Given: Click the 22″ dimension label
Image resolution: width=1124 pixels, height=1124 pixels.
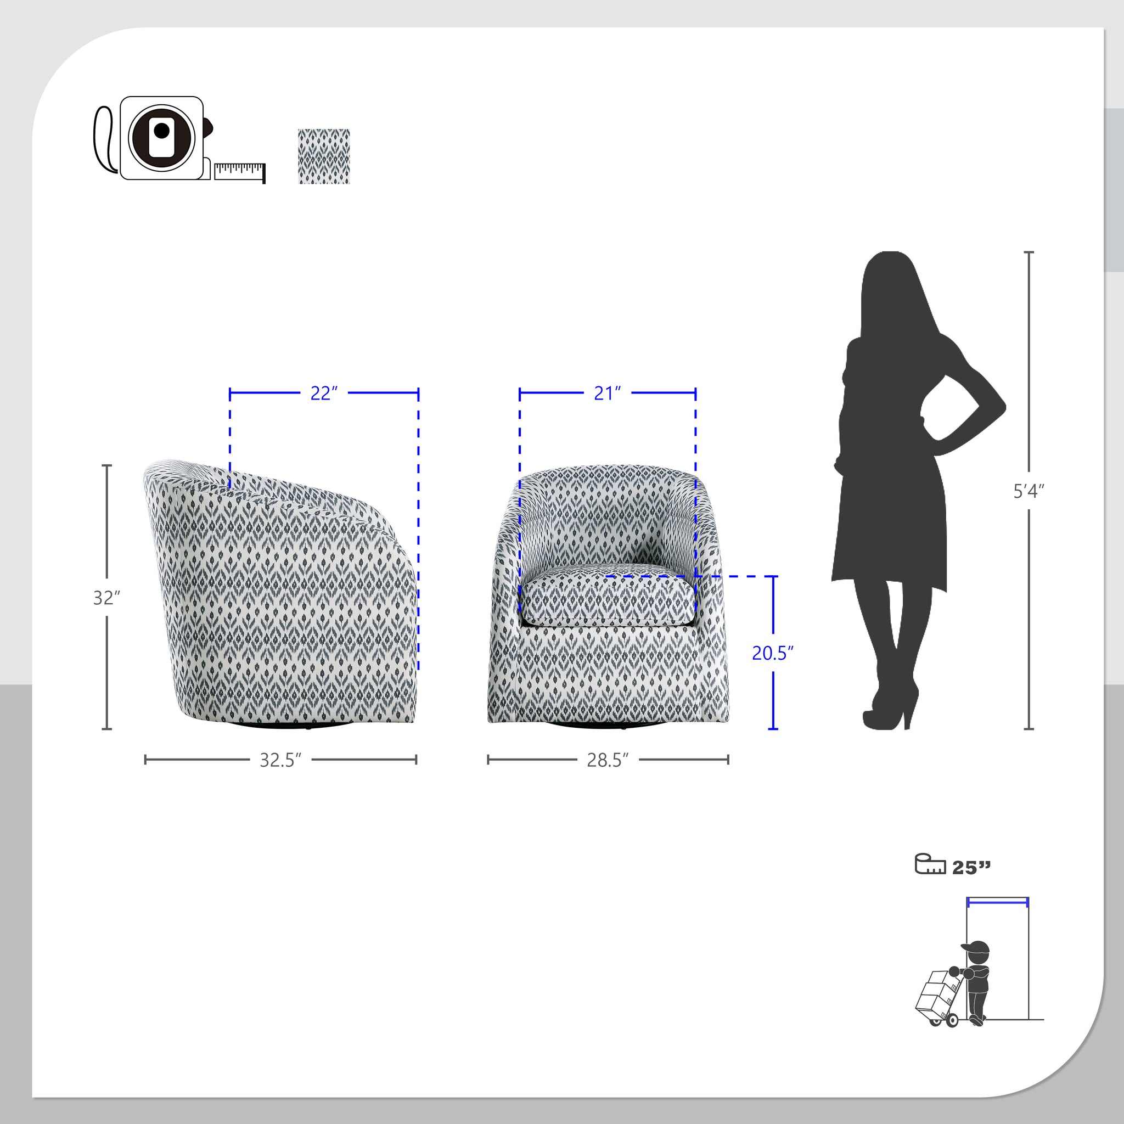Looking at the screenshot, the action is (x=323, y=394).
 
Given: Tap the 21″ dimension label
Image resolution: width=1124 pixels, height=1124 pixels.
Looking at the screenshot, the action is (x=608, y=394).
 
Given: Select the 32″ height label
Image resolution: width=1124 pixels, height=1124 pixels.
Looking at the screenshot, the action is (x=106, y=598).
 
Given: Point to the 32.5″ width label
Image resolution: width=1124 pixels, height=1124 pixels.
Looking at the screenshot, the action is (x=280, y=760).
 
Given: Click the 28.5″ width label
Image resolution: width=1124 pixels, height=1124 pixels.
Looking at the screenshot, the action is (x=608, y=760).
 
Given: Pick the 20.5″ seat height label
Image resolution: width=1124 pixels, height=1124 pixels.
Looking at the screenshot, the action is (x=773, y=653).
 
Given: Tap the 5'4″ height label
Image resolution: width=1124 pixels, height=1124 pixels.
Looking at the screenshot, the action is (x=1029, y=491).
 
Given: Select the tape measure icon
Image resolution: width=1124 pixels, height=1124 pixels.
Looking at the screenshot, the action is (x=179, y=139).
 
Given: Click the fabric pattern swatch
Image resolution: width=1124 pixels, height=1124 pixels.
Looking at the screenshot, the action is (x=324, y=156).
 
